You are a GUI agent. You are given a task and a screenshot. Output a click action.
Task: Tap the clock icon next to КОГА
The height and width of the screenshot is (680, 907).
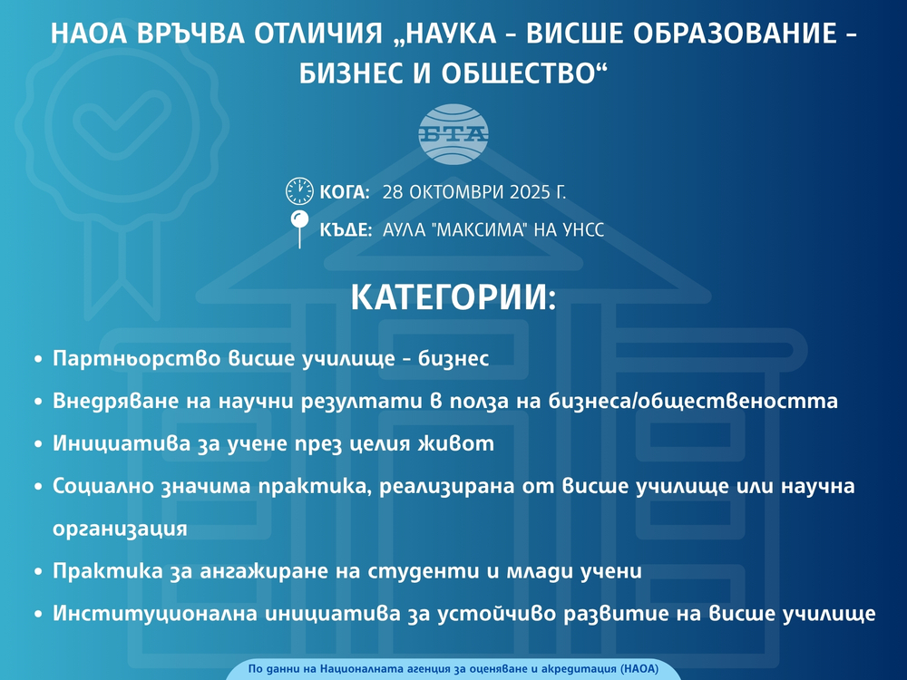point(299,191)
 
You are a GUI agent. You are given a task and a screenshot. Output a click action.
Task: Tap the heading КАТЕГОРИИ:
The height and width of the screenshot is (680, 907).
point(453,299)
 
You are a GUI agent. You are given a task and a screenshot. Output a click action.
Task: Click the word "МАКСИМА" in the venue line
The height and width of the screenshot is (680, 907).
point(485,230)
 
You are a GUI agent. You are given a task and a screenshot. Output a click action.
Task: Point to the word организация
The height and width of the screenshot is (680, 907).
point(120,529)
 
